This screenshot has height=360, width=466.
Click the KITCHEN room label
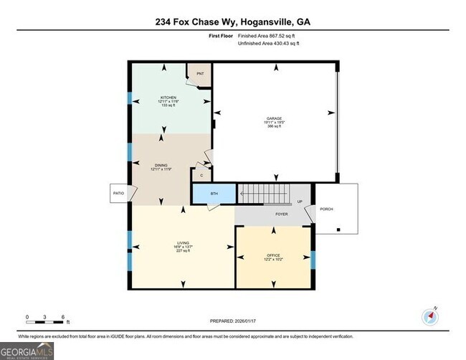coord(168,98)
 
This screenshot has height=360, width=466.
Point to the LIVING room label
coord(183,243)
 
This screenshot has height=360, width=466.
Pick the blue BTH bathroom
coord(213,194)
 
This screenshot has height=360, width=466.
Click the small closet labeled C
coord(201,174)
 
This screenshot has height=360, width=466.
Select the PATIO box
coord(119,193)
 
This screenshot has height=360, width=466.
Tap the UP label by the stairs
coord(300,202)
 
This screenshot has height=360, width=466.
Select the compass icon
coord(431,316)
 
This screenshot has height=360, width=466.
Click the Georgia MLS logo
coord(27,351)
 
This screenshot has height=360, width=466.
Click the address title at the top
coord(233,22)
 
